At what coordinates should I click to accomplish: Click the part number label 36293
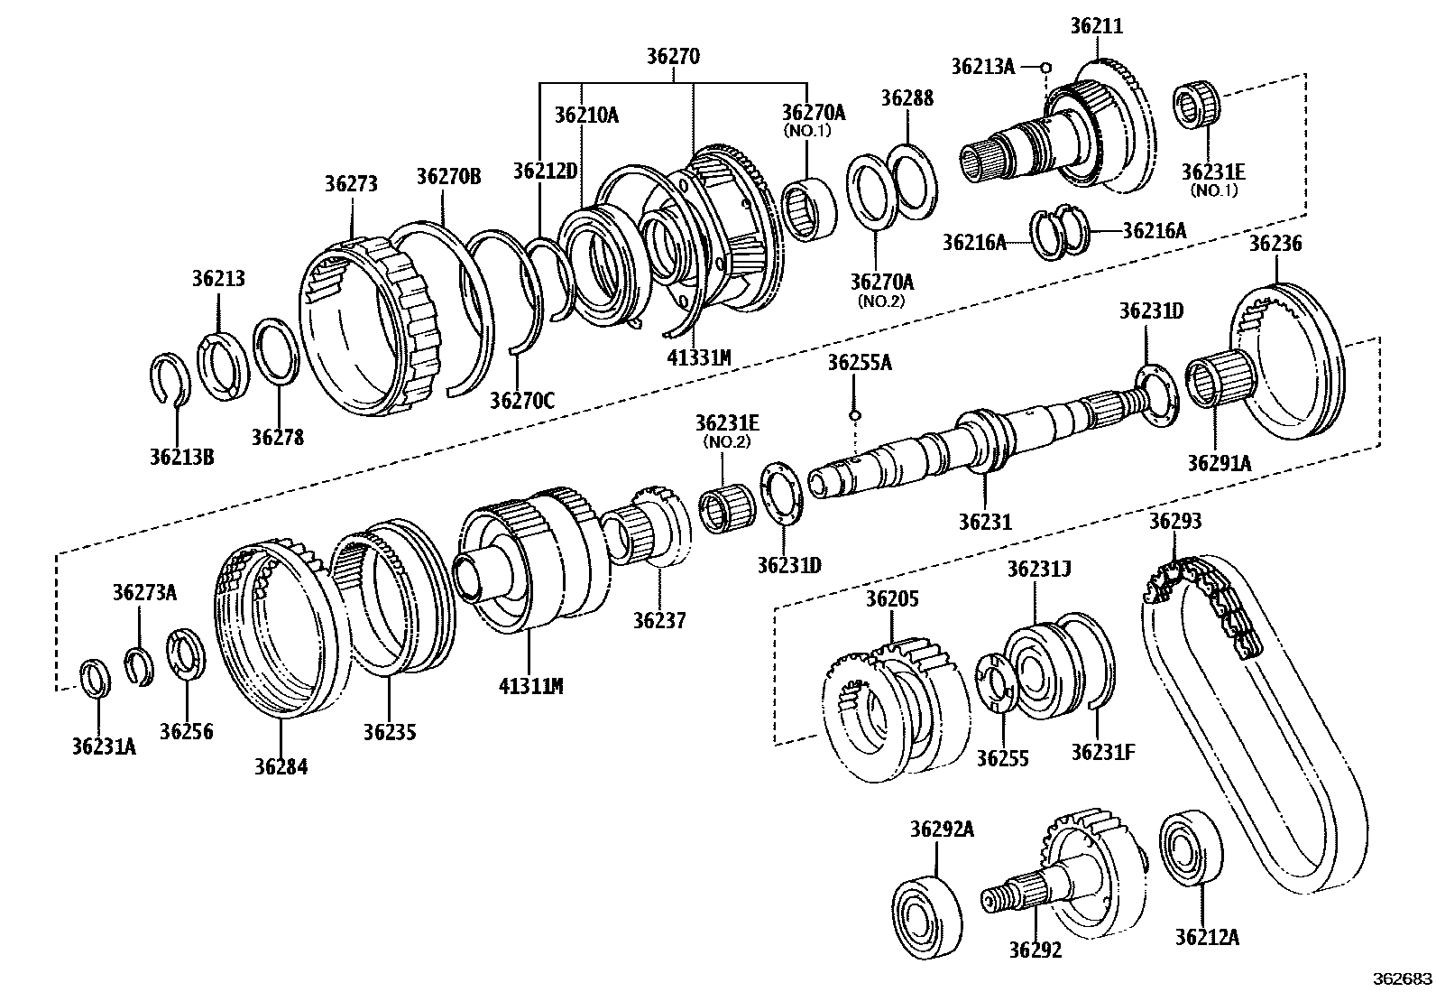1174,522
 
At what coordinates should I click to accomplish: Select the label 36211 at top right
1096,26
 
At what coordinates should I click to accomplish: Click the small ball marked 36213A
1045,66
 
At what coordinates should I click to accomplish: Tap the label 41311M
530,686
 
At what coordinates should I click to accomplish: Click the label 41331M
698,357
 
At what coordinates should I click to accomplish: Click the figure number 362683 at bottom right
1402,978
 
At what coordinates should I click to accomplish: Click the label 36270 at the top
673,56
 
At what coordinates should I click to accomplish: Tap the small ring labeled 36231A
96,680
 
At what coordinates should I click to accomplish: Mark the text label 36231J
1038,569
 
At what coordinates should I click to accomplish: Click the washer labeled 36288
912,181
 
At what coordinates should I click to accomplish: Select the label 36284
281,766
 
